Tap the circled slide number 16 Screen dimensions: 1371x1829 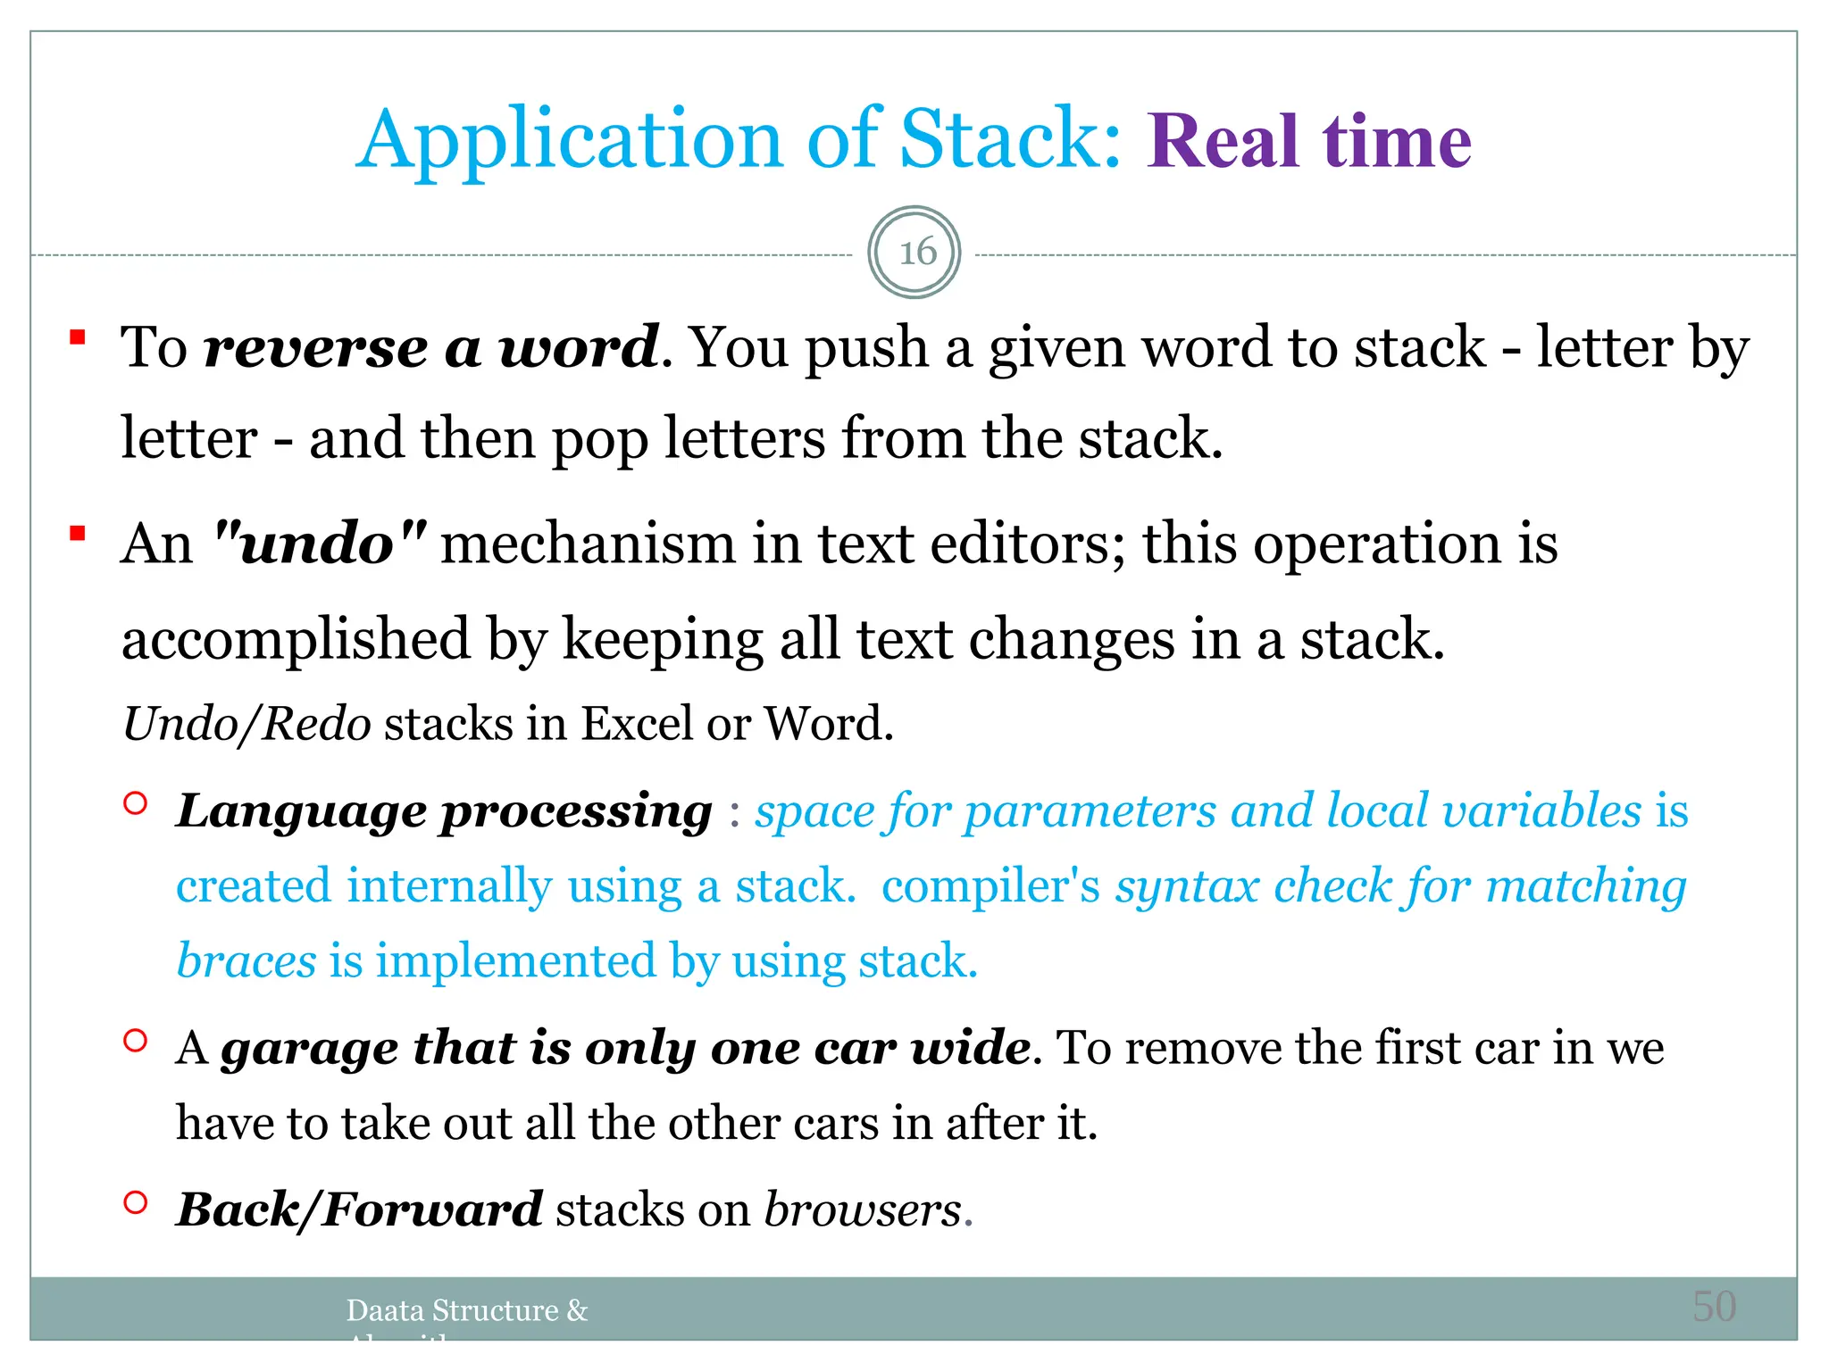(x=914, y=253)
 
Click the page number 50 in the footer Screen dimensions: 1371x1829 (x=1714, y=1307)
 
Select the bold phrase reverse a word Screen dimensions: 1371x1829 (x=432, y=347)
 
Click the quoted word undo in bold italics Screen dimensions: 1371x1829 (x=320, y=544)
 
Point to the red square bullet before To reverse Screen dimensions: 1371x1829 (x=78, y=337)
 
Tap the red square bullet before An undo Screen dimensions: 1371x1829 (x=78, y=534)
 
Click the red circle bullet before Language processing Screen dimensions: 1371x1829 (x=135, y=802)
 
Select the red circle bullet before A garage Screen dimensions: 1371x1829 (x=135, y=1040)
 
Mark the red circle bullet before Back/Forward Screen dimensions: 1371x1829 (x=135, y=1202)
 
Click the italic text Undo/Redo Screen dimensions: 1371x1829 (x=246, y=724)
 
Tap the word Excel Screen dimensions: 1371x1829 (x=636, y=724)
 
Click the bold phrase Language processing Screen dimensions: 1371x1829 (x=444, y=812)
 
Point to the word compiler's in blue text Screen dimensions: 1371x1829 (x=990, y=887)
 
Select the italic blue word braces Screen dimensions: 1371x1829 (x=246, y=961)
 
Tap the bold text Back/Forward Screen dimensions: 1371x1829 (x=359, y=1210)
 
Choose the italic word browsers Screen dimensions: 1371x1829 (x=863, y=1210)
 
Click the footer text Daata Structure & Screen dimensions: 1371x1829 (x=467, y=1310)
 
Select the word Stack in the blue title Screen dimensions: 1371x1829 (x=1009, y=140)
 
